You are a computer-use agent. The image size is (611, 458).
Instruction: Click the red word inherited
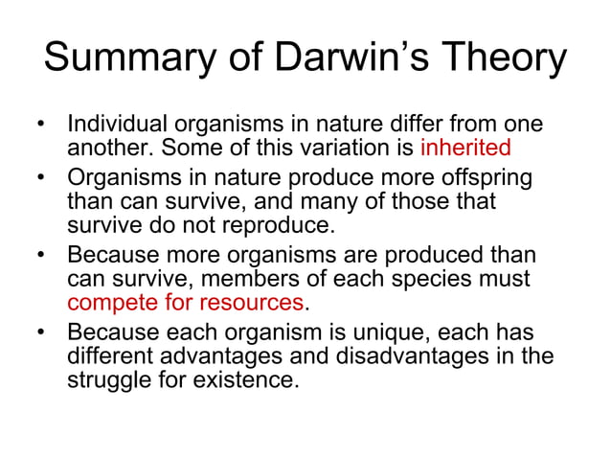pos(465,149)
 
